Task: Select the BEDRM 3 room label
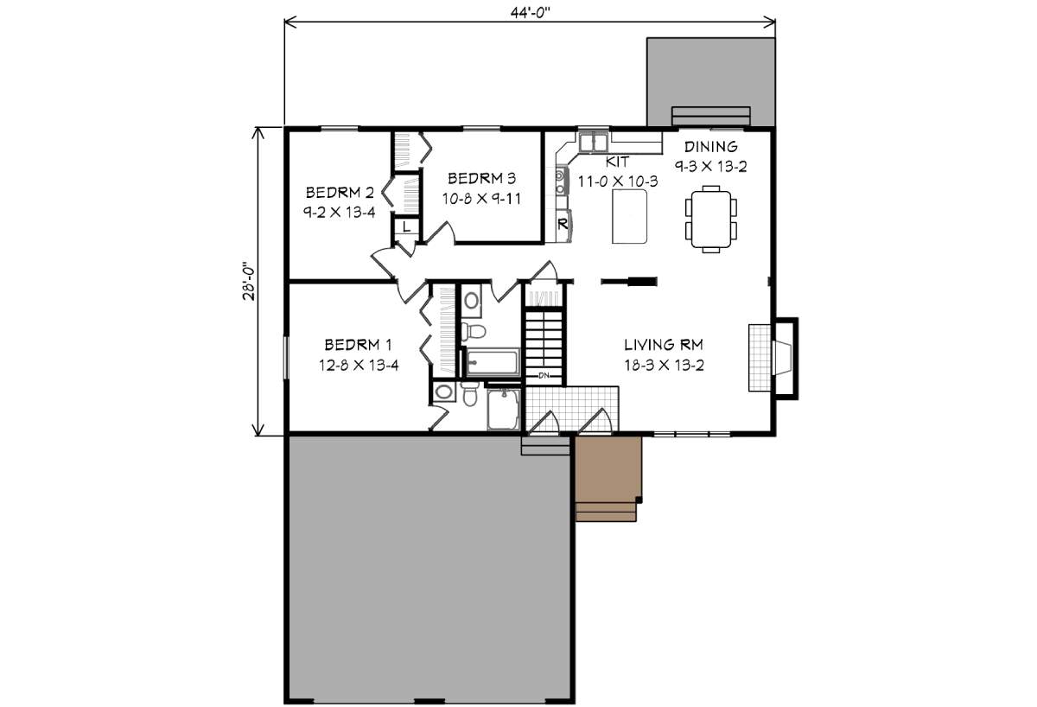(481, 179)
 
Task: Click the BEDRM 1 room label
(358, 343)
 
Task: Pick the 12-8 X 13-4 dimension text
(358, 365)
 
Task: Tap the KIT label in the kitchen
(617, 162)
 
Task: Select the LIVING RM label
(664, 343)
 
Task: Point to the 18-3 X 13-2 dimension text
(664, 365)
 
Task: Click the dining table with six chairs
(711, 218)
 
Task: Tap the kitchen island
(629, 217)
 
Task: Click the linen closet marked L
(405, 226)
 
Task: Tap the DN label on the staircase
(544, 376)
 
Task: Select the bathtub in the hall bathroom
(493, 362)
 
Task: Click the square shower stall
(503, 411)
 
